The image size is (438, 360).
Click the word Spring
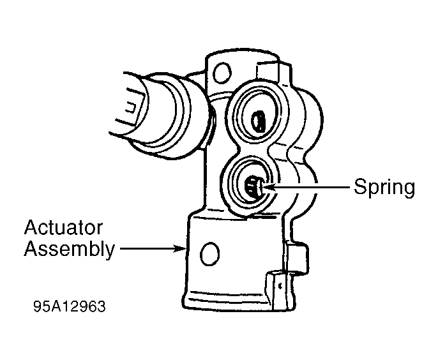384,188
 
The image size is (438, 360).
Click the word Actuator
63,228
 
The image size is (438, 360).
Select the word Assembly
69,250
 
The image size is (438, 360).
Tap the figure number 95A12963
69,306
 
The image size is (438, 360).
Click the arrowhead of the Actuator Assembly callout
181,248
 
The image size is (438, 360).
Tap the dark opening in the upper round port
258,121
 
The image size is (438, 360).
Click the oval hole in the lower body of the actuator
209,254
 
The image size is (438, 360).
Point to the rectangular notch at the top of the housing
268,70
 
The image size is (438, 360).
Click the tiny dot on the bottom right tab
280,285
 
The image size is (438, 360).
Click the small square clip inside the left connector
131,107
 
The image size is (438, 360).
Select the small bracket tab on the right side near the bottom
297,259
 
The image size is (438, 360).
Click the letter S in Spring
360,186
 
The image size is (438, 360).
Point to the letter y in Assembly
110,252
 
